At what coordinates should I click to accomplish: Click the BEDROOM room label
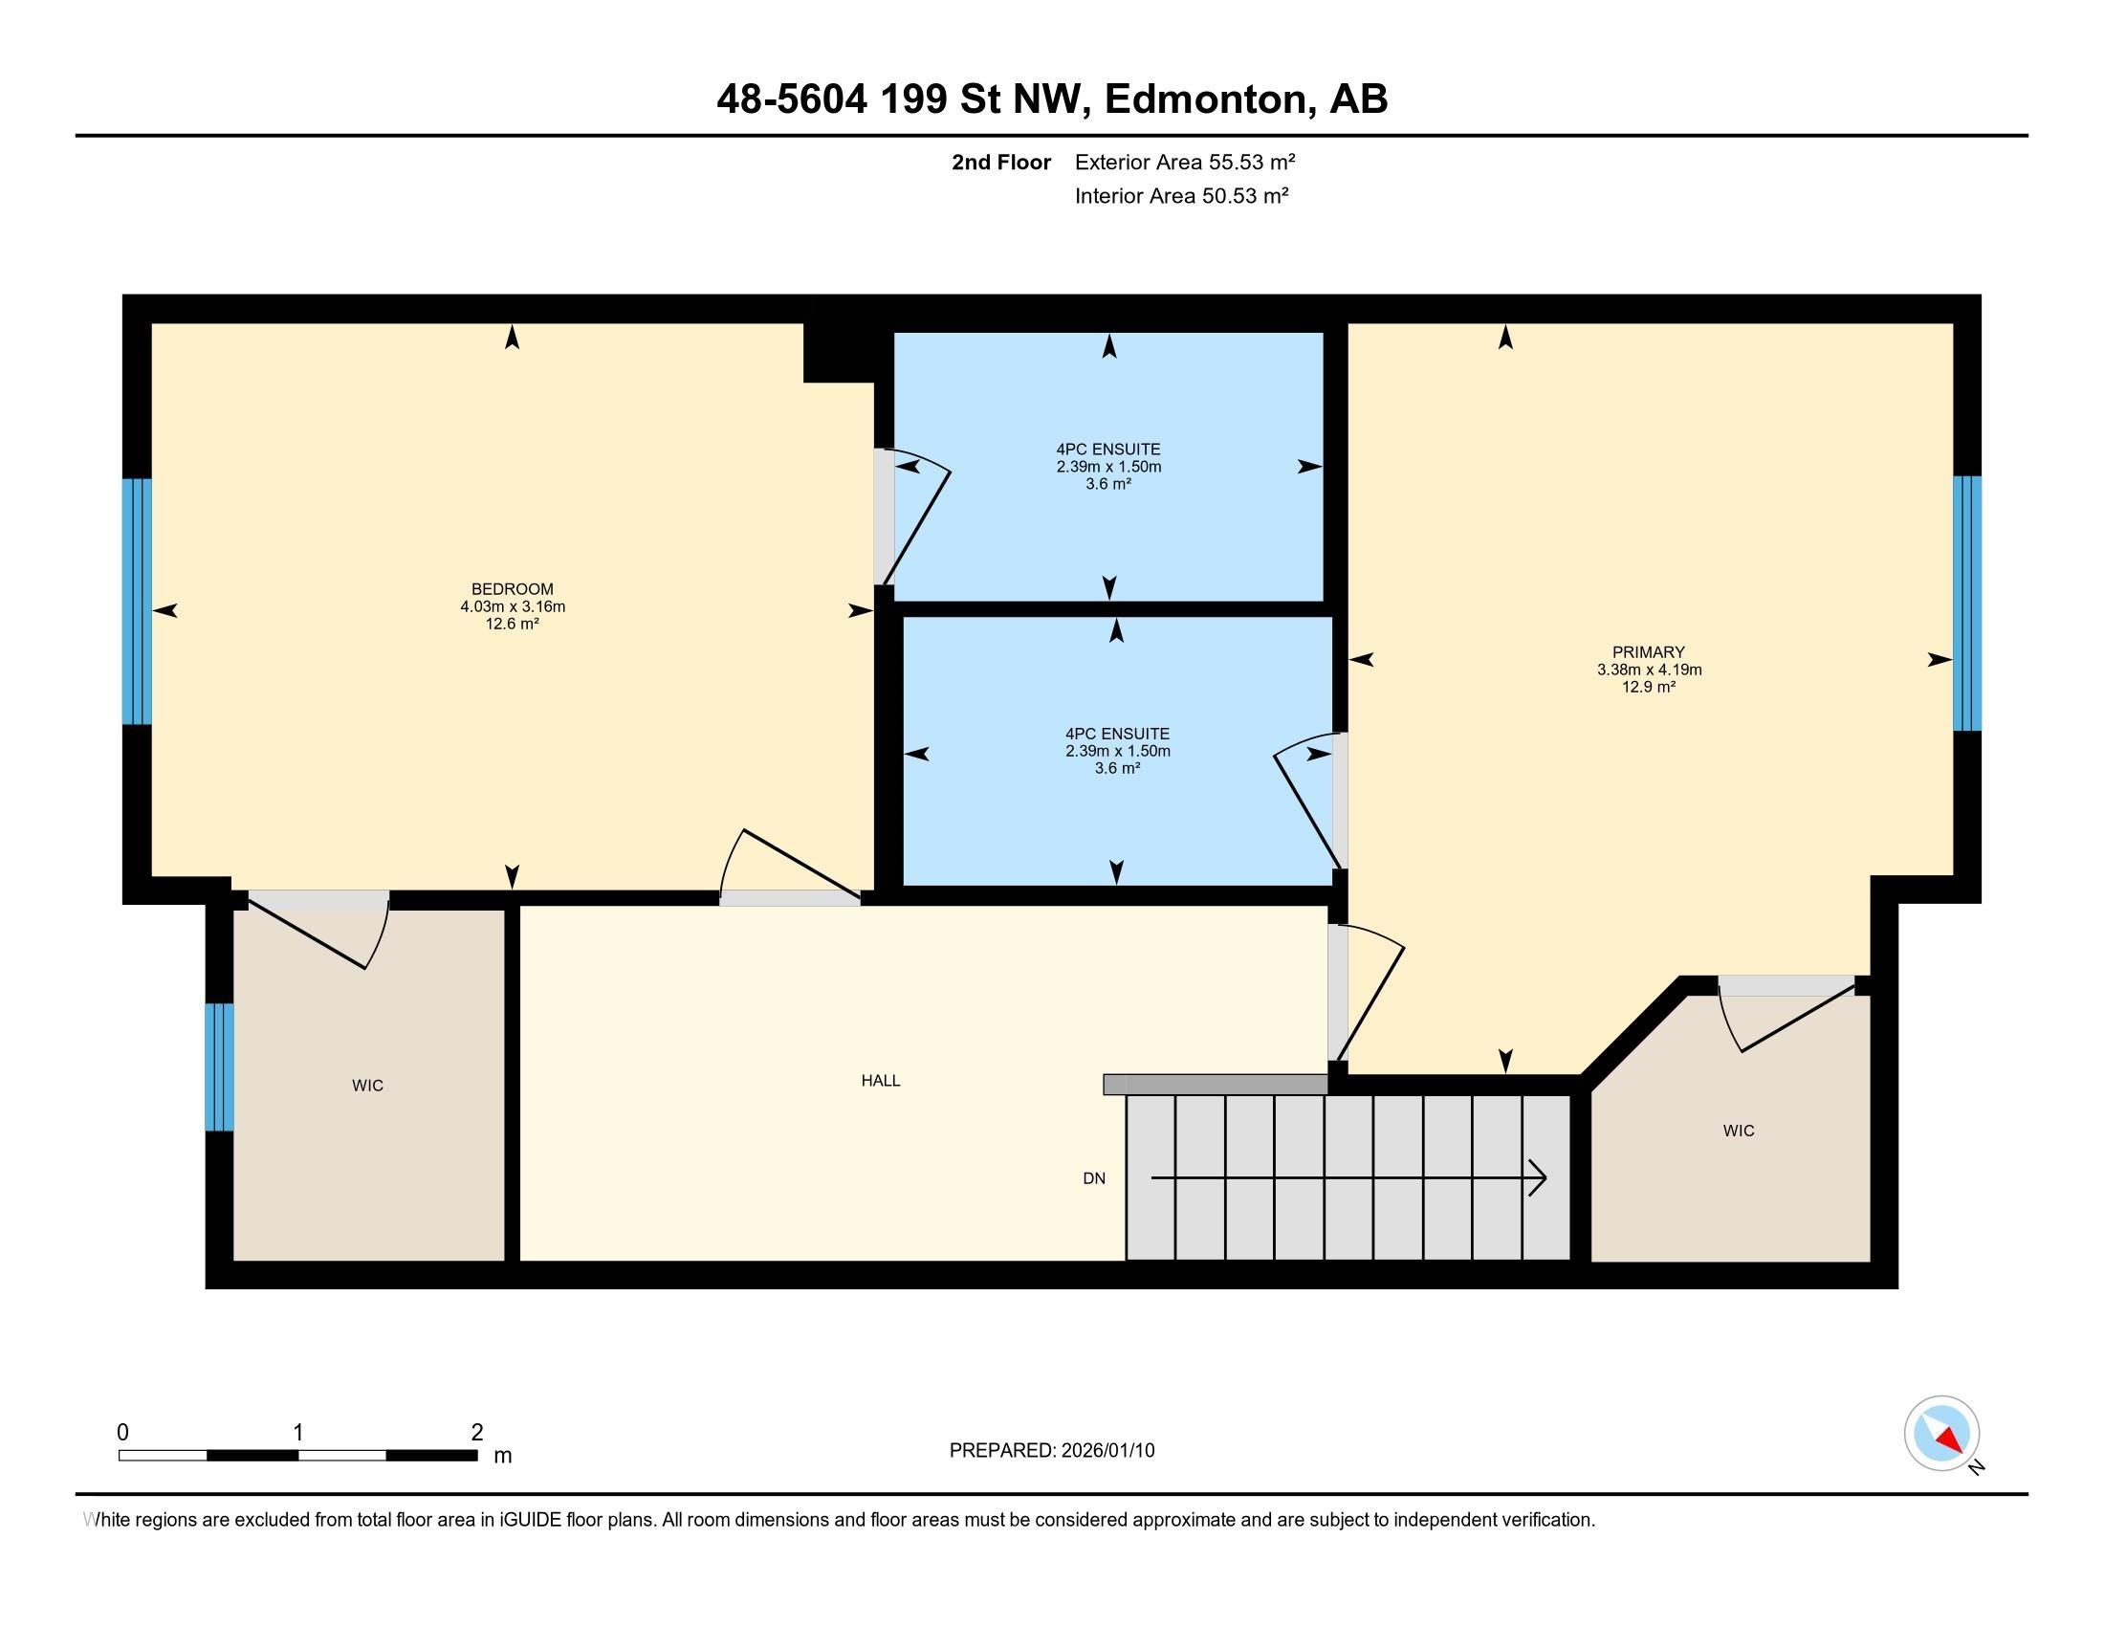point(512,588)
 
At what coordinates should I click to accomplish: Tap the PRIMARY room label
point(1649,652)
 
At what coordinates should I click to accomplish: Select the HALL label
point(881,1081)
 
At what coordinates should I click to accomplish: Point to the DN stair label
point(1093,1178)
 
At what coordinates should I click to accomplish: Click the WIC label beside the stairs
point(1739,1131)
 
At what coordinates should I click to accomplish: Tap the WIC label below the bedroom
point(368,1086)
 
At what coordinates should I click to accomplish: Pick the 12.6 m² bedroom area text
point(512,625)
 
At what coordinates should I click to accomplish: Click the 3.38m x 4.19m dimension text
point(1649,670)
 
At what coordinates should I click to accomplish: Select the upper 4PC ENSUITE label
point(1107,449)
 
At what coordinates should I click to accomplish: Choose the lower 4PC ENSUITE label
point(1116,734)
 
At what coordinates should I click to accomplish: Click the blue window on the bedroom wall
point(137,601)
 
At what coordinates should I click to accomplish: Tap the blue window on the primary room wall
point(1966,603)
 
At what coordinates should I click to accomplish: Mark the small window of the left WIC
point(220,1066)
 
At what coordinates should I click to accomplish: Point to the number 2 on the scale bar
point(477,1433)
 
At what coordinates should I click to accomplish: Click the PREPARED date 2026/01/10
point(1106,1451)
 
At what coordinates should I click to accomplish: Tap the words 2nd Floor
point(1001,162)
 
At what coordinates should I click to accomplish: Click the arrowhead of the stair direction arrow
point(1539,1178)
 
